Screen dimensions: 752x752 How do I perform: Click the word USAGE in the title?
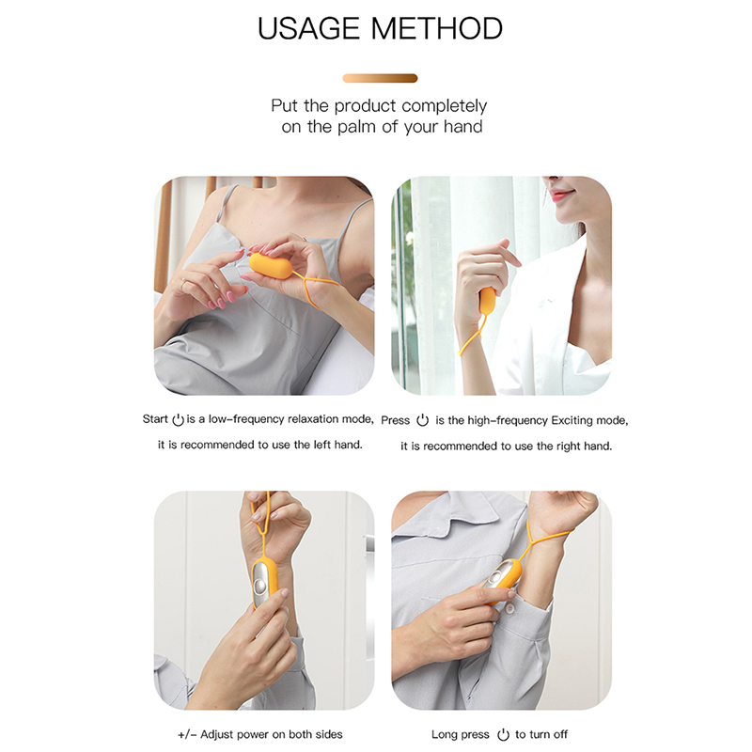[308, 28]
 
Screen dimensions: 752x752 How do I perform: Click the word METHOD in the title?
[436, 28]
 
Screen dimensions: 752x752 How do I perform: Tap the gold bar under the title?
[380, 78]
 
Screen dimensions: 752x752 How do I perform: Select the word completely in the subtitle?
[444, 106]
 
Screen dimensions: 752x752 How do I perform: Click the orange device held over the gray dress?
[271, 265]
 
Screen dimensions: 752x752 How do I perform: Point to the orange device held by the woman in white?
[487, 301]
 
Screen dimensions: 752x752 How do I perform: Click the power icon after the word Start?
[178, 419]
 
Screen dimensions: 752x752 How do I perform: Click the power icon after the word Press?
[422, 420]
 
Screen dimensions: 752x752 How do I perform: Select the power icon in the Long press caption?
[503, 734]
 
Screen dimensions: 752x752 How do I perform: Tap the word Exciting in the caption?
[572, 420]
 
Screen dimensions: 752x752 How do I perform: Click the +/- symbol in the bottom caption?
[187, 734]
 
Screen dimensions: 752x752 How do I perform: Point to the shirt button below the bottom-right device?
[509, 608]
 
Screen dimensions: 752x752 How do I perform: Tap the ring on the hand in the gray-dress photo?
[182, 283]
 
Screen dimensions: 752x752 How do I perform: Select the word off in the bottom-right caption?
[558, 734]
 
